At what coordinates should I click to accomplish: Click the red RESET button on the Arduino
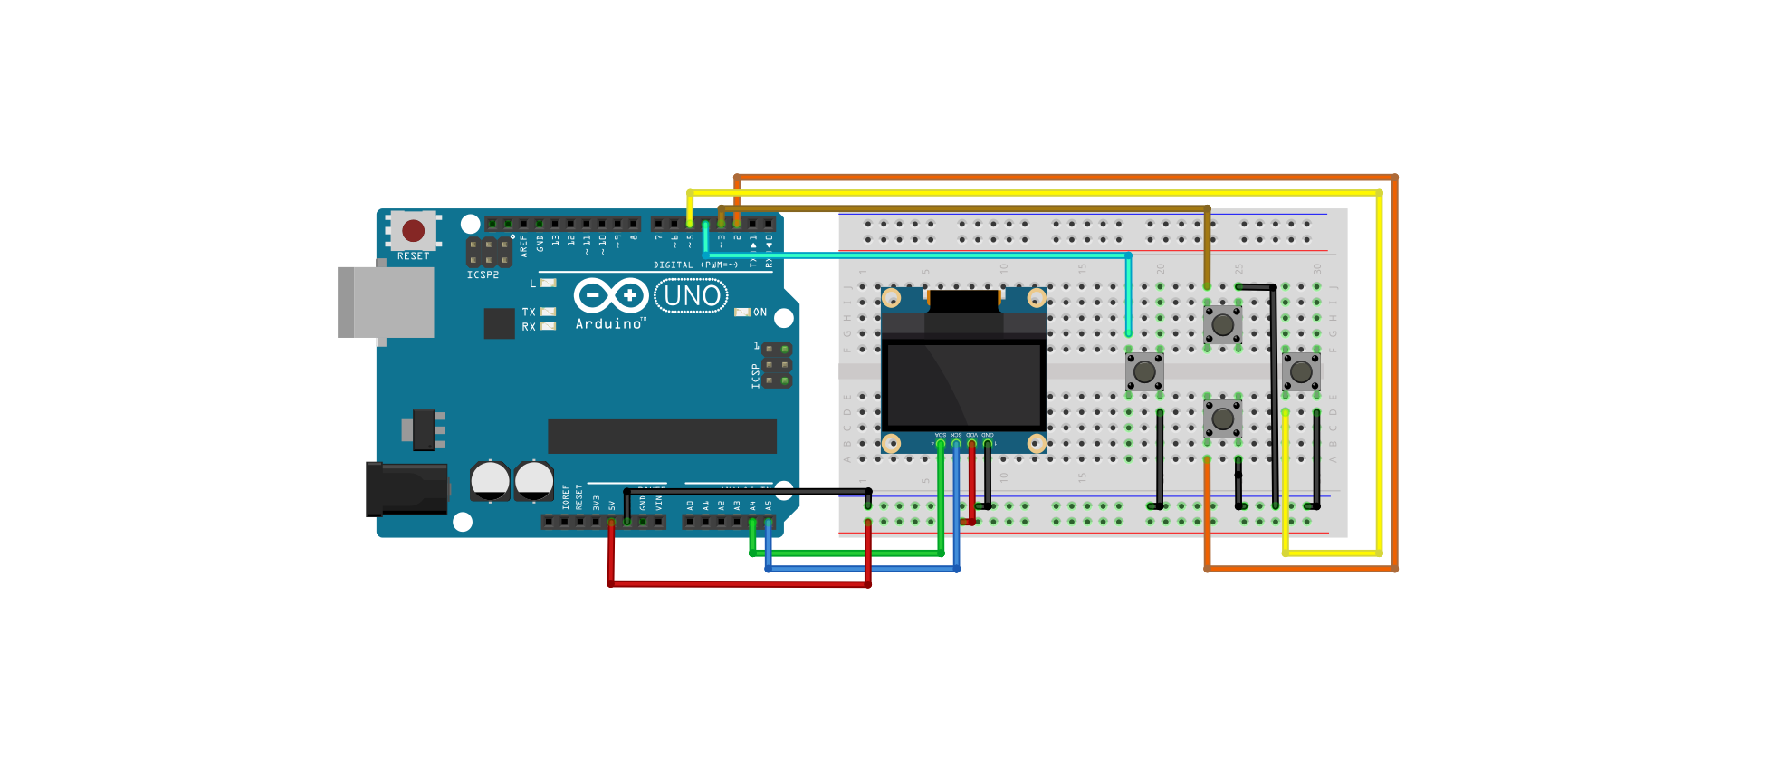pyautogui.click(x=414, y=230)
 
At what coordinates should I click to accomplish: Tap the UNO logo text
pyautogui.click(x=692, y=296)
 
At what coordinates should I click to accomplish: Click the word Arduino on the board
pyautogui.click(x=609, y=324)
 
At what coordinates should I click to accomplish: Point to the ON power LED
pyautogui.click(x=742, y=313)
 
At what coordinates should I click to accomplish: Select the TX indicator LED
pyautogui.click(x=548, y=312)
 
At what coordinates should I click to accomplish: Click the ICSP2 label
pyautogui.click(x=483, y=274)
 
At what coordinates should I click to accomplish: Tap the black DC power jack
pyautogui.click(x=406, y=489)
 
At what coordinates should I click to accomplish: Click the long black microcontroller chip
pyautogui.click(x=662, y=436)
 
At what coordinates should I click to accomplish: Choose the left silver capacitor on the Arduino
pyautogui.click(x=490, y=480)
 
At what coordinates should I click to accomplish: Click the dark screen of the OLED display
pyautogui.click(x=963, y=384)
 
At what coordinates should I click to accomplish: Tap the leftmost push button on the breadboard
pyautogui.click(x=1144, y=370)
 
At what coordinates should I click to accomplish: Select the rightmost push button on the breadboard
pyautogui.click(x=1301, y=370)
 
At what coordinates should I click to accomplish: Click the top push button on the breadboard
pyautogui.click(x=1222, y=323)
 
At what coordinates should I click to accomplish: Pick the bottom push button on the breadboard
pyautogui.click(x=1222, y=418)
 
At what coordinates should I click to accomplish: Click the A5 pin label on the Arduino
pyautogui.click(x=768, y=505)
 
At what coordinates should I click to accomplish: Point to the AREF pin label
pyautogui.click(x=523, y=245)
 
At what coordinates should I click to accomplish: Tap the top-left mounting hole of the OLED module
pyautogui.click(x=891, y=298)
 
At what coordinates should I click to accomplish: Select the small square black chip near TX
pyautogui.click(x=499, y=323)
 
